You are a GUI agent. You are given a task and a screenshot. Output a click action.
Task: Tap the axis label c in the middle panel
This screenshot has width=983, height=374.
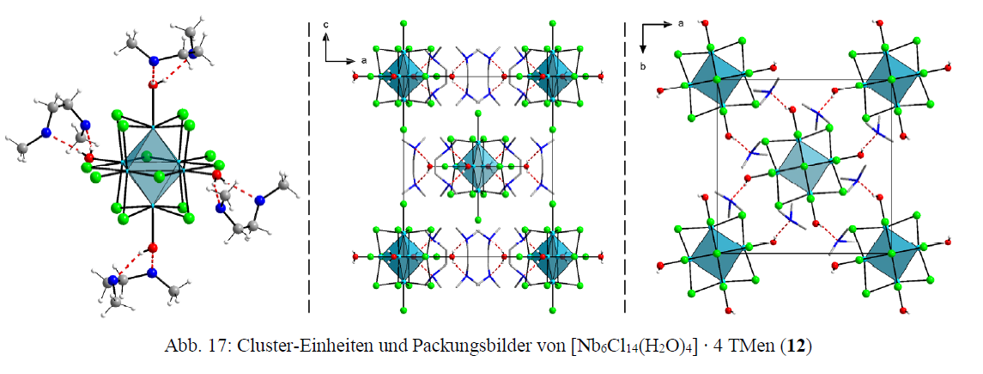pyautogui.click(x=327, y=27)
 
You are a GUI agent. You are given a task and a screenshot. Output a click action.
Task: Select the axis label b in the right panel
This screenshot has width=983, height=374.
pyautogui.click(x=643, y=64)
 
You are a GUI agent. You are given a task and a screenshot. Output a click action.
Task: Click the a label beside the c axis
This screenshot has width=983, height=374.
pyautogui.click(x=364, y=61)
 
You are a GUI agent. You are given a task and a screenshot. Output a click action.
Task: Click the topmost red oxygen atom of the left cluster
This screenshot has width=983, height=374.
pyautogui.click(x=153, y=85)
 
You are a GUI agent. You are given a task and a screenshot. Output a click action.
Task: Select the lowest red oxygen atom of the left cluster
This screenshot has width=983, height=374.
pyautogui.click(x=153, y=248)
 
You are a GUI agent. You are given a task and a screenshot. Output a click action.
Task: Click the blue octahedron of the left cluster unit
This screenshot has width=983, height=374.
pyautogui.click(x=151, y=166)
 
